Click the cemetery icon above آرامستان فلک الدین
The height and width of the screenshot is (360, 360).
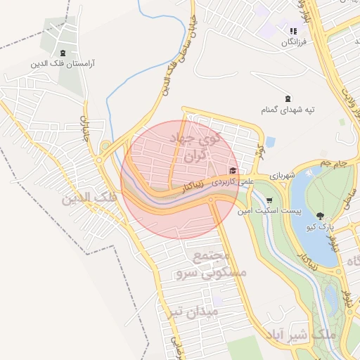(x=63, y=53)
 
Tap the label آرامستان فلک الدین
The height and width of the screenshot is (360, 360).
(x=63, y=64)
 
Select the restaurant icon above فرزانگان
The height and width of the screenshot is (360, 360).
(x=293, y=32)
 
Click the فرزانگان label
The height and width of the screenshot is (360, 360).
(x=295, y=43)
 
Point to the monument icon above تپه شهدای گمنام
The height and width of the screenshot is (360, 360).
(x=287, y=98)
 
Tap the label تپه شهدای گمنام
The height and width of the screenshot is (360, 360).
(x=287, y=110)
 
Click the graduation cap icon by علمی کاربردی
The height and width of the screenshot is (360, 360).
(x=233, y=170)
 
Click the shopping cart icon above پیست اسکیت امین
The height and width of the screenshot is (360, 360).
(x=269, y=200)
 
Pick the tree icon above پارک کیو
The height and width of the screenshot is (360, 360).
(x=321, y=216)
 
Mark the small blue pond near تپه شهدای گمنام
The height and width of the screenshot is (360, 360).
(x=271, y=141)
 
